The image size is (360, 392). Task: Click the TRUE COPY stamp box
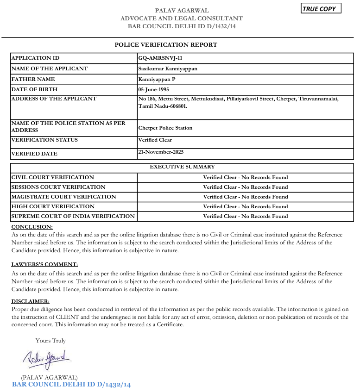coord(321,9)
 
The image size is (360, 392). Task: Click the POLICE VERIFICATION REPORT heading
coord(166,45)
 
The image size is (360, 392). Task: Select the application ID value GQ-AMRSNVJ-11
coord(160,58)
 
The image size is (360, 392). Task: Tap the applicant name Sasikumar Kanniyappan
coord(168,68)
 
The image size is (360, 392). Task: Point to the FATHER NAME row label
coord(33,79)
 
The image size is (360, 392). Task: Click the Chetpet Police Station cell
coord(165,128)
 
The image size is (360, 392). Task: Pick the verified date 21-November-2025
coord(161,152)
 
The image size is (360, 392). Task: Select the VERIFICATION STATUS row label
coord(44,140)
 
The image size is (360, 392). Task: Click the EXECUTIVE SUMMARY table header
coord(182,167)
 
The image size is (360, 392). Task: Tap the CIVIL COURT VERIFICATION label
coord(52,177)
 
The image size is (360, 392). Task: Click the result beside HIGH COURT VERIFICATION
coord(245,206)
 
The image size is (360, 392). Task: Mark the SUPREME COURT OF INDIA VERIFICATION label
coord(73,216)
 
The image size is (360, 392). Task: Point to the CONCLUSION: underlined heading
coord(32,227)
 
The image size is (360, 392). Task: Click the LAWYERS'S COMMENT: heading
coord(44,264)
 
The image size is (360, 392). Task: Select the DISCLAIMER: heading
coord(30,301)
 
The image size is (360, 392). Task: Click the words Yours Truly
coord(51,341)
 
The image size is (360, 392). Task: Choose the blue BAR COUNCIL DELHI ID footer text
coord(71,385)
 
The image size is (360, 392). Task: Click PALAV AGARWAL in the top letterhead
coord(182,10)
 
